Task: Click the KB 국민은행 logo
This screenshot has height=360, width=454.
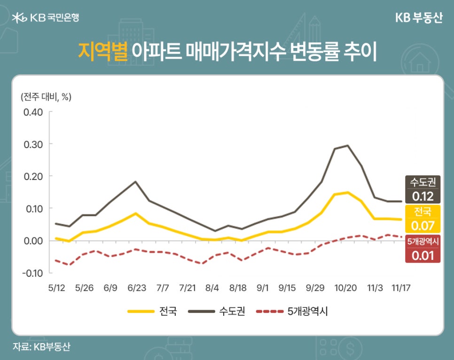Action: [45, 18]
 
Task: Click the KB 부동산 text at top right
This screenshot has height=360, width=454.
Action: [419, 18]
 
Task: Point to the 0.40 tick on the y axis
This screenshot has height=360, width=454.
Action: [33, 112]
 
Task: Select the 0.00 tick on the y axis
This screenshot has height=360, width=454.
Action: [33, 241]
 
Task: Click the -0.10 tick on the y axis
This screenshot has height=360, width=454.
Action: [32, 273]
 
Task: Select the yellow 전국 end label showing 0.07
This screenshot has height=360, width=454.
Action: [423, 219]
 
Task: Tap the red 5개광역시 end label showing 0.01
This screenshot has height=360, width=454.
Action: [423, 249]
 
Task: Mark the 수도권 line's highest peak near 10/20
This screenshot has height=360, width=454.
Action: [347, 145]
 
